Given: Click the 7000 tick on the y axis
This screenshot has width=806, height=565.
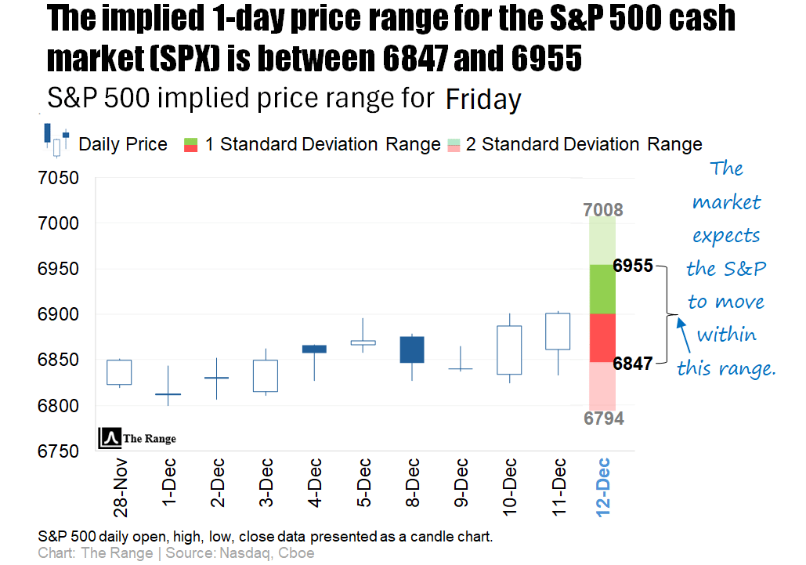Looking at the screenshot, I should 58,223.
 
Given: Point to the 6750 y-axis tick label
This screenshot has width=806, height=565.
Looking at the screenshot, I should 58,451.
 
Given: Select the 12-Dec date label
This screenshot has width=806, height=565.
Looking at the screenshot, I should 602,487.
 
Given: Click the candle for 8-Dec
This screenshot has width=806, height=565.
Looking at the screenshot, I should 412,350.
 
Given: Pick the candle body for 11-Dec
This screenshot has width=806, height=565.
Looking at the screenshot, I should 558,331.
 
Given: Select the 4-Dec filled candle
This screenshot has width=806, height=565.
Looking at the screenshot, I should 314,349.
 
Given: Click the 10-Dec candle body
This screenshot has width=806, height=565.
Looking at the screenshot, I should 509,350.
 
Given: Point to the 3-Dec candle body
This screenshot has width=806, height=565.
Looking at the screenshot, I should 266,376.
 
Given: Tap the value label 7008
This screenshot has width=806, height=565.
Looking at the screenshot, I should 602,210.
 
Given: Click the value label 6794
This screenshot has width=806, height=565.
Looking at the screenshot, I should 603,418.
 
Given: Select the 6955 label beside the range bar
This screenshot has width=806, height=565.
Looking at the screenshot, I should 633,266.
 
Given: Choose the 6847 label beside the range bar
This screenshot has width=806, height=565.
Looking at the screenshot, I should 633,364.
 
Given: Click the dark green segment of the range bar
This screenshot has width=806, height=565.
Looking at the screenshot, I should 602,289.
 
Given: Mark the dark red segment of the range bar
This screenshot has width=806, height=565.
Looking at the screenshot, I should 602,338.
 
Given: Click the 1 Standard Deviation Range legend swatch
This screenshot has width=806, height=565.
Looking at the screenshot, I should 190,144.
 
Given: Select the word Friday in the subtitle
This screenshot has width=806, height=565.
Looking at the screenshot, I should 483,100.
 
